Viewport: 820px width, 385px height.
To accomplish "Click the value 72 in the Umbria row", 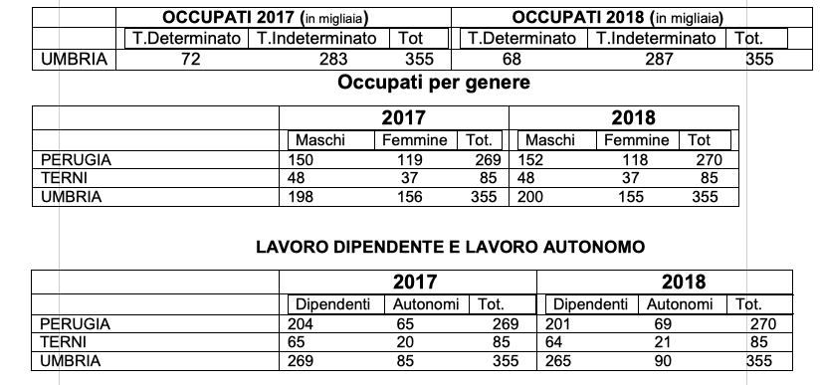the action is tap(192, 59).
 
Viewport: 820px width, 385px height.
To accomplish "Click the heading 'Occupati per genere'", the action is tap(434, 82).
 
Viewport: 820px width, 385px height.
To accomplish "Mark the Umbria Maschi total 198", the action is tap(301, 197).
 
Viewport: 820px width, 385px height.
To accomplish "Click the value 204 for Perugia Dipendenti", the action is tap(300, 323).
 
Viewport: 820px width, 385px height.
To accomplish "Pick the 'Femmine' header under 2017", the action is tap(415, 140).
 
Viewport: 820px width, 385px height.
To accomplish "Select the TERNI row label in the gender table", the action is tap(63, 178).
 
